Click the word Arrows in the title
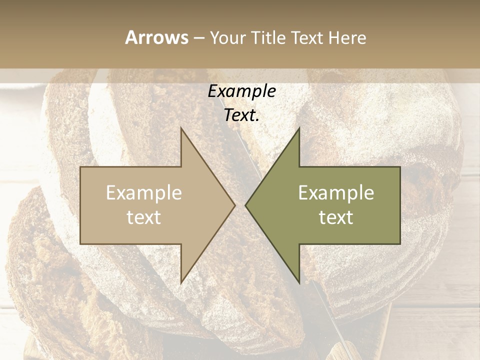[x=156, y=37]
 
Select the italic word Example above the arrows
[x=241, y=91]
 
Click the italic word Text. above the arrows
[x=241, y=115]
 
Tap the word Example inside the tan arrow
[x=144, y=193]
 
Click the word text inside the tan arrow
[x=144, y=217]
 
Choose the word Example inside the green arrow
[x=336, y=193]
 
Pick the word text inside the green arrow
[x=336, y=217]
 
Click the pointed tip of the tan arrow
[x=234, y=205]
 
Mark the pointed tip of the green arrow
[x=246, y=205]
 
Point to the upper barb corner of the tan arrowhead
[x=181, y=129]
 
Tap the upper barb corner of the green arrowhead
[x=299, y=129]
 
